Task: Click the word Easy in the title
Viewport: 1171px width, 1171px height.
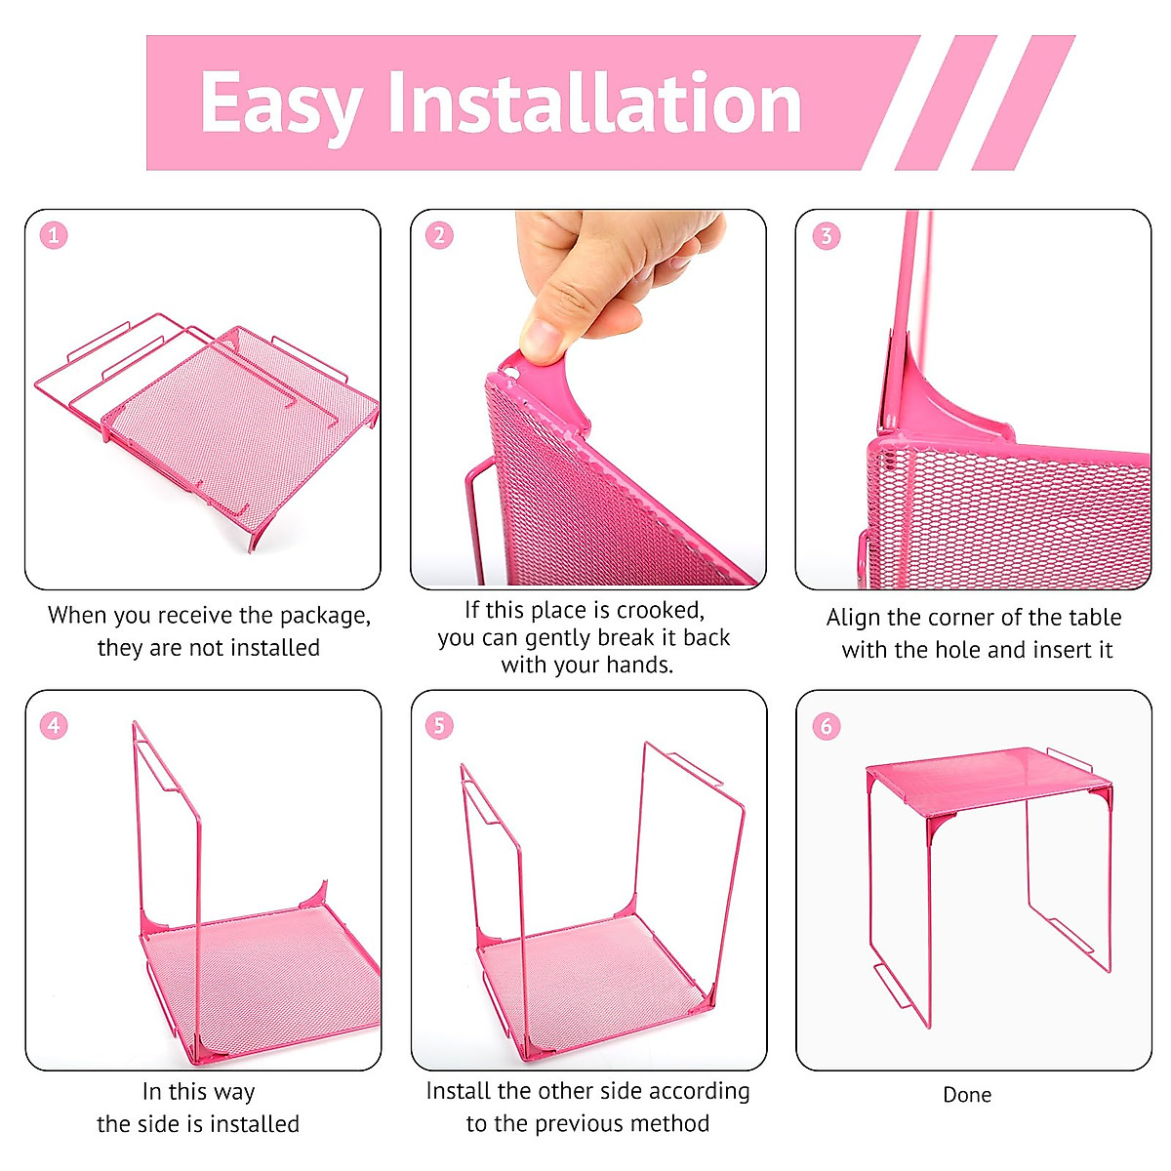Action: coord(281,103)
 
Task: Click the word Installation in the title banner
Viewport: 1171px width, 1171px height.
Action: coord(594,102)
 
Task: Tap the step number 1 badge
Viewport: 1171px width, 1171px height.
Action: coord(54,235)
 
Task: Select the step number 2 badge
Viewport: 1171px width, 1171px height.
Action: coord(439,235)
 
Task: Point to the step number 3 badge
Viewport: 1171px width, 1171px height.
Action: coord(826,235)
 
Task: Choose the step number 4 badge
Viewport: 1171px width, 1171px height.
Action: coord(54,725)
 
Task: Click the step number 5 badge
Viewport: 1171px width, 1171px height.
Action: coord(439,725)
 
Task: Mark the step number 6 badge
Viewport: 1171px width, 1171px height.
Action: coord(826,726)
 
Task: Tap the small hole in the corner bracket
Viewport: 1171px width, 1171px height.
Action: coord(509,371)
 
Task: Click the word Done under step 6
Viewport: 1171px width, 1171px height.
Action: coord(966,1095)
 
